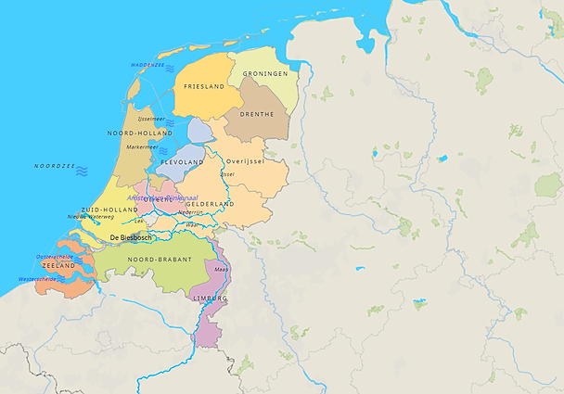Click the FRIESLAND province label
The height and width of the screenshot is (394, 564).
205,86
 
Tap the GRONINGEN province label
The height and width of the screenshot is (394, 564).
265,73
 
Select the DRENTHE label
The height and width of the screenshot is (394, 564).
257,114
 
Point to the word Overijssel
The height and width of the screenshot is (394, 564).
245,161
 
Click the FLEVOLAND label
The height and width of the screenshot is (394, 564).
182,162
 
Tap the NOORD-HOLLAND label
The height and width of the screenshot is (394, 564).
139,133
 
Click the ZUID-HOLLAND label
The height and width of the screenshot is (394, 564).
109,210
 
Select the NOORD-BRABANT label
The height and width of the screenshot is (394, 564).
160,260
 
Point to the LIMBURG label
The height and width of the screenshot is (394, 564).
209,299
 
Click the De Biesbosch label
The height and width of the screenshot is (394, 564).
132,237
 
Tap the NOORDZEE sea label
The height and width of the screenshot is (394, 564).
53,166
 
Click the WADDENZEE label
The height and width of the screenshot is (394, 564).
147,66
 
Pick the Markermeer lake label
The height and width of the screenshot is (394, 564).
142,146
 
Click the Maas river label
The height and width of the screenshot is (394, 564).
221,269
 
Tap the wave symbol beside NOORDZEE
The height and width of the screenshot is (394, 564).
82,171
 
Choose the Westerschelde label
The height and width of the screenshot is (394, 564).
38,279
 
